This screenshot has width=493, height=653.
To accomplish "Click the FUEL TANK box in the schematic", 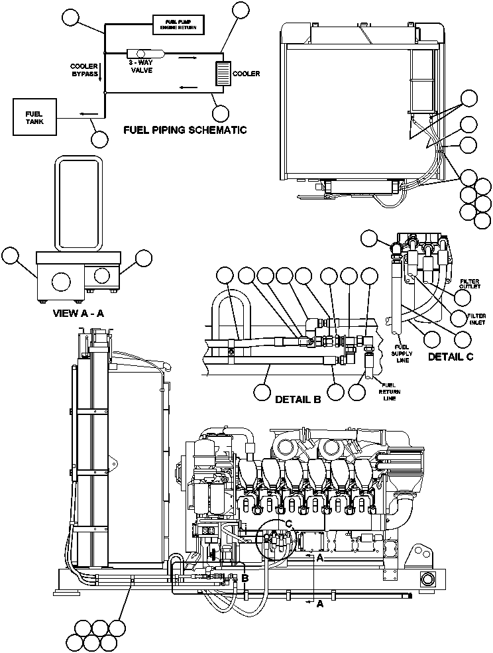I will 34,117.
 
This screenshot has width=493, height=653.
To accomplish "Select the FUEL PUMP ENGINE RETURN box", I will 176,25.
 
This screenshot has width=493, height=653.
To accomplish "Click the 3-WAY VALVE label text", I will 141,66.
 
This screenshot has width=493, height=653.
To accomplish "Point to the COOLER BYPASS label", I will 84,70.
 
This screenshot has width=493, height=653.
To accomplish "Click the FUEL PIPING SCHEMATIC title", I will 185,130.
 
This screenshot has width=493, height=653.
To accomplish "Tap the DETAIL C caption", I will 451,357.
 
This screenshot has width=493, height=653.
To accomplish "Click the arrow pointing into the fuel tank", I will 83,114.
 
